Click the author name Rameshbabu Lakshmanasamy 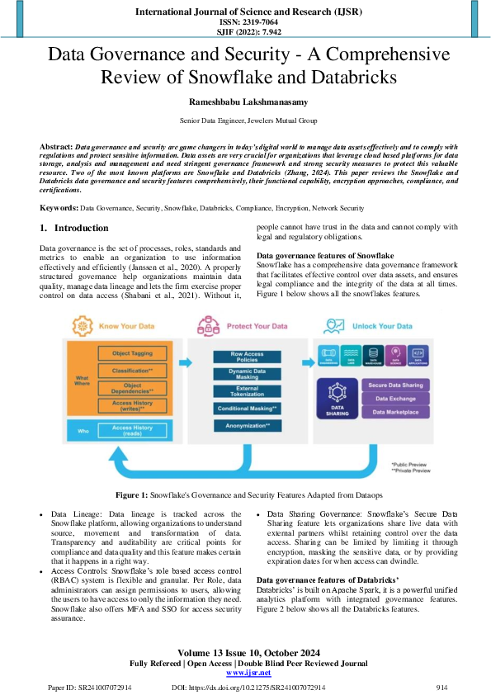pyautogui.click(x=245, y=102)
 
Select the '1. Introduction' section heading pyautogui.click(x=74, y=227)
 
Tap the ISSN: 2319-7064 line pyautogui.click(x=245, y=22)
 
